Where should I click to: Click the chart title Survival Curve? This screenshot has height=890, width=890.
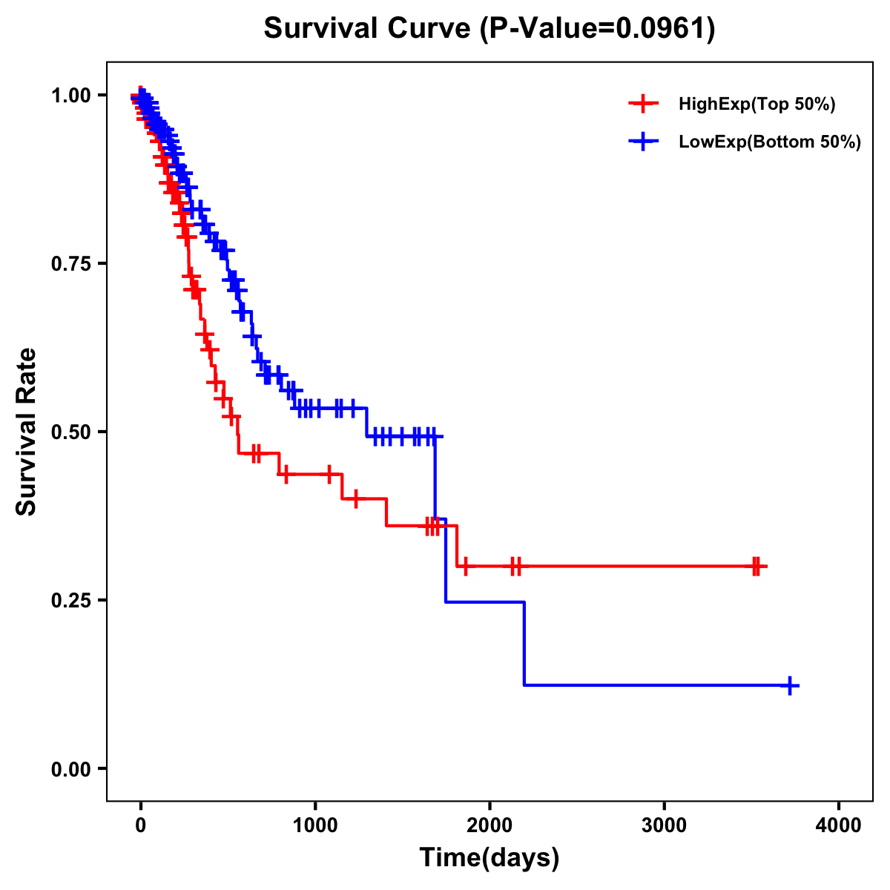(x=367, y=29)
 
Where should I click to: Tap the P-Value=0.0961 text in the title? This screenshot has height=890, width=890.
(x=598, y=29)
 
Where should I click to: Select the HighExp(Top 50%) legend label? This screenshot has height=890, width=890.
(x=756, y=105)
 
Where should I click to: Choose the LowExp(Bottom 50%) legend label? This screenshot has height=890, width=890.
(x=770, y=142)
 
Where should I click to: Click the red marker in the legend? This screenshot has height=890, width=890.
(x=643, y=105)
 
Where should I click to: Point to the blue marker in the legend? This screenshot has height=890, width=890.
(x=643, y=142)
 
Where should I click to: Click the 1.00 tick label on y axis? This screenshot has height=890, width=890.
(x=70, y=96)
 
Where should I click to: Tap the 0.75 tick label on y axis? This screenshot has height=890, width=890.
(x=70, y=264)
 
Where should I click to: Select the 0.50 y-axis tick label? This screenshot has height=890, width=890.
(x=70, y=432)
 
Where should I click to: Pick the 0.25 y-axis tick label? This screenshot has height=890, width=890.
(x=70, y=601)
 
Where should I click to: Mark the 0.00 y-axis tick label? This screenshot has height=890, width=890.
(x=70, y=769)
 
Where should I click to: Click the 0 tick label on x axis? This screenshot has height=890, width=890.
(x=141, y=825)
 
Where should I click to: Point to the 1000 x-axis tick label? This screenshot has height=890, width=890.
(x=315, y=825)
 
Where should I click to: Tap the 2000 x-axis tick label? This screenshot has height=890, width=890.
(x=489, y=825)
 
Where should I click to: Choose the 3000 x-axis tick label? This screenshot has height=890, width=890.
(x=664, y=825)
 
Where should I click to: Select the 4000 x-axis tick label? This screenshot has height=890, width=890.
(x=838, y=825)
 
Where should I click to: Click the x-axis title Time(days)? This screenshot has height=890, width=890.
(x=489, y=858)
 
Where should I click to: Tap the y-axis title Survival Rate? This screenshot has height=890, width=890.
(x=27, y=432)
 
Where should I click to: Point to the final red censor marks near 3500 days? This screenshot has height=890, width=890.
(x=756, y=567)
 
